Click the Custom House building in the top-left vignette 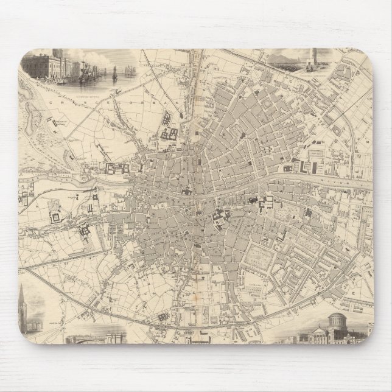(x=43, y=65)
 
